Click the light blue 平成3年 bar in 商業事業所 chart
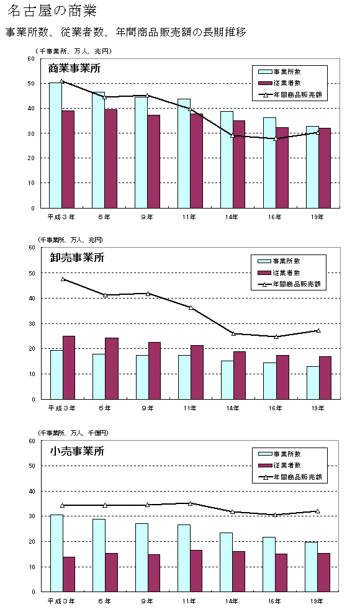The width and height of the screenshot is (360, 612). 55,145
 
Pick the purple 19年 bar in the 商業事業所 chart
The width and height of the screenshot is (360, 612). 325,168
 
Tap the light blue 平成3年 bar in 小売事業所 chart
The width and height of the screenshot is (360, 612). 56,553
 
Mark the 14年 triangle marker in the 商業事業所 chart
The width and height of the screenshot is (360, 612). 233,135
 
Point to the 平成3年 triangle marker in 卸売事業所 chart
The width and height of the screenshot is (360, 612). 62,279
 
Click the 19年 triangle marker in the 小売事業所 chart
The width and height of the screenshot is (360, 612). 318,511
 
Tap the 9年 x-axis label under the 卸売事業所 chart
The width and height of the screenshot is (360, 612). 147,408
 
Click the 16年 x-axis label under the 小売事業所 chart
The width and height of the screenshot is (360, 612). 275,601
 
